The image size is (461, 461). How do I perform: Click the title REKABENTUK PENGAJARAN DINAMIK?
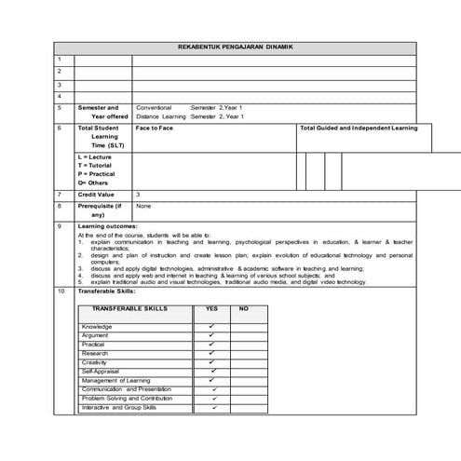coord(235,47)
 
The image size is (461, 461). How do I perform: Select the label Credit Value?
coord(98,194)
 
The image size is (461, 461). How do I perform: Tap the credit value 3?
coord(138,194)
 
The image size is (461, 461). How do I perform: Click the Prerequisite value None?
coord(143,205)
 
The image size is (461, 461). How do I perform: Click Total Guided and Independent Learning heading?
coord(359,128)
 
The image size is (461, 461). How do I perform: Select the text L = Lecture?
coord(96,157)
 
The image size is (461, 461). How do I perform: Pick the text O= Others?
coord(95,183)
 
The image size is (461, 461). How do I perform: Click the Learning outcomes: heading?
coord(108,226)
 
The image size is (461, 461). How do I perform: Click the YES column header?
coord(211,308)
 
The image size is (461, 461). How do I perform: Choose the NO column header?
coord(244,308)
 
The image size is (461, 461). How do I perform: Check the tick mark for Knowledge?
coord(211,327)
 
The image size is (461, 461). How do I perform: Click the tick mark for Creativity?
coord(211,362)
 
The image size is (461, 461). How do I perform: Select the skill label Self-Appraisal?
coord(99,372)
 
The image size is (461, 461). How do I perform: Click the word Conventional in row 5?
coord(154,107)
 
